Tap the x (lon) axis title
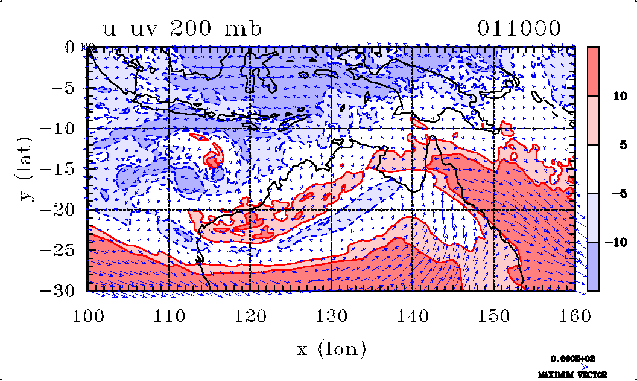click(331, 349)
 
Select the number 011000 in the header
click(519, 28)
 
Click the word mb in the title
click(243, 29)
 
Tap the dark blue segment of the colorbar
click(592, 266)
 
